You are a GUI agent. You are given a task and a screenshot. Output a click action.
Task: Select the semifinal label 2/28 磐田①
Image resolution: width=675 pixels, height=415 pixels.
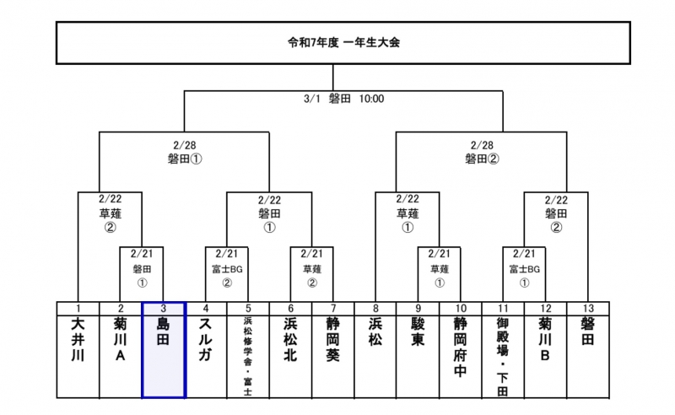(x=184, y=152)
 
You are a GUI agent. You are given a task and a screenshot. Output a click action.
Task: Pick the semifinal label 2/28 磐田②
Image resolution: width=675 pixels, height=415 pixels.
(x=482, y=152)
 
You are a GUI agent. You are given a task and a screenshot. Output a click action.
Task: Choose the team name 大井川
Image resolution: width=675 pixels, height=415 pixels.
(x=78, y=337)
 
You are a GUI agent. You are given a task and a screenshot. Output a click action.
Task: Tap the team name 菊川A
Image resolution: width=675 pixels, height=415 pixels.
(x=120, y=337)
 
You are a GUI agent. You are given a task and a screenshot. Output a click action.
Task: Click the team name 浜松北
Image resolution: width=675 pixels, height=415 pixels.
(x=290, y=337)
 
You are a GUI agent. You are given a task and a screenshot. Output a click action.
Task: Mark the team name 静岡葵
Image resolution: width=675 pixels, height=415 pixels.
(x=333, y=337)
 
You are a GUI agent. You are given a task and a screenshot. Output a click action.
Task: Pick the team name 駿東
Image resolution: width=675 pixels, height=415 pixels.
(x=418, y=331)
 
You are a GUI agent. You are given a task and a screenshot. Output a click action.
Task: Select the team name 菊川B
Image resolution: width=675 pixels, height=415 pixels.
(x=545, y=337)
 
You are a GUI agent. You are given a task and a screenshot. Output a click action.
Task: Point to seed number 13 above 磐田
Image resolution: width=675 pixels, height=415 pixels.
(x=588, y=309)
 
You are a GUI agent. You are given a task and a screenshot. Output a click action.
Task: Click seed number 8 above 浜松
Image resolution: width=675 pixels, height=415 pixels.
(x=375, y=309)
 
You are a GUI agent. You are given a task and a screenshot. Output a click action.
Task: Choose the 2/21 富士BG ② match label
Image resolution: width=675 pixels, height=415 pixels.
(x=226, y=268)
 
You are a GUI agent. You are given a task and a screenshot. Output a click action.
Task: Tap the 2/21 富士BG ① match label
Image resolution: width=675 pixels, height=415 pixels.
(x=524, y=268)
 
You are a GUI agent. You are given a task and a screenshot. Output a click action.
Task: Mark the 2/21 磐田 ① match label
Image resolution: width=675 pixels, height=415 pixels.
(x=141, y=268)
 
